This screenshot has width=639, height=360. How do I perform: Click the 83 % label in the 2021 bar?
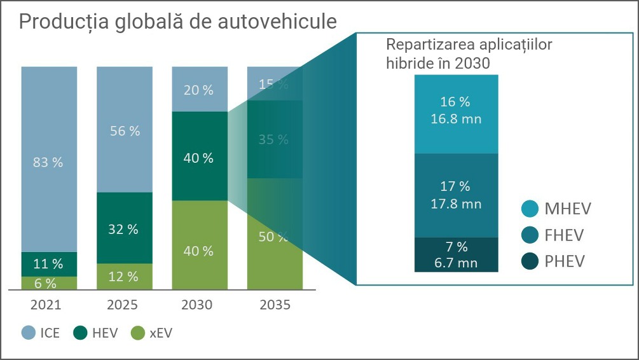(48, 162)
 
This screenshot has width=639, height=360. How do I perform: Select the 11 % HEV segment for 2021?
(48, 263)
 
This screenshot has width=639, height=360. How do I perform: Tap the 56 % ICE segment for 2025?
(124, 131)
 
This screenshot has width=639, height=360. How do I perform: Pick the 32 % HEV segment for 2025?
(124, 229)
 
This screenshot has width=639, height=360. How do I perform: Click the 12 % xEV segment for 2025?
(124, 277)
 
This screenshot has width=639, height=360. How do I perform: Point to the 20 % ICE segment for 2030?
(199, 90)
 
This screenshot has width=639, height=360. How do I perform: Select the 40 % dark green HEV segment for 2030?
(199, 158)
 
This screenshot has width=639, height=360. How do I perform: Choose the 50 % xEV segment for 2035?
(274, 237)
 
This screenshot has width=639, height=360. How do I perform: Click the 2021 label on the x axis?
(48, 305)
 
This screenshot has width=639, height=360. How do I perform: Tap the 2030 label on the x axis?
(199, 305)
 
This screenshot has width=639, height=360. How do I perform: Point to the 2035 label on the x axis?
(275, 305)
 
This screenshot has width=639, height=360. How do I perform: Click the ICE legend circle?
(29, 333)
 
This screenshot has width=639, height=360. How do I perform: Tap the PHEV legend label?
(564, 261)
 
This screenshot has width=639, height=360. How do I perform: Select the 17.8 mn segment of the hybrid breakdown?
(455, 195)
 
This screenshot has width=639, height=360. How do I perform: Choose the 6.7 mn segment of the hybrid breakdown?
(455, 254)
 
